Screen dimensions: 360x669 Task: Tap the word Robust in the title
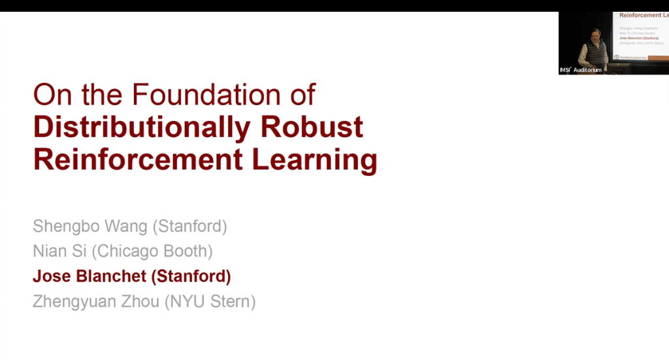point(312,127)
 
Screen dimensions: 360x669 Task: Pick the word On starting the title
point(52,95)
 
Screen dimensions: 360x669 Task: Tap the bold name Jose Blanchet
point(90,276)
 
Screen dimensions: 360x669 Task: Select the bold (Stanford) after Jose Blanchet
point(191,276)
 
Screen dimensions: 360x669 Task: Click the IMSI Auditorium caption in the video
point(581,70)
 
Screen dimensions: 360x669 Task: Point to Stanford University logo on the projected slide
point(631,57)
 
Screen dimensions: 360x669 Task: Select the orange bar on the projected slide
point(658,57)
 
